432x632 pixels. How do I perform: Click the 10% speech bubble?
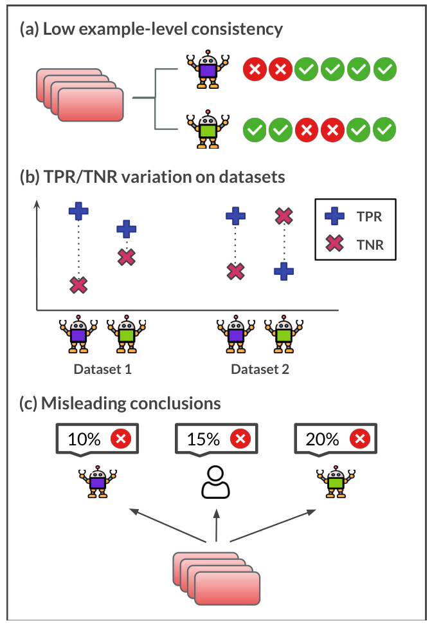point(97,440)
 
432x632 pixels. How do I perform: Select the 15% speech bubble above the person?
point(216,440)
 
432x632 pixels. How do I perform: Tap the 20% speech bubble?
point(335,440)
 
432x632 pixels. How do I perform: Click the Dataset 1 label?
point(102,369)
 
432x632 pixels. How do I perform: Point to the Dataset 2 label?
point(260,369)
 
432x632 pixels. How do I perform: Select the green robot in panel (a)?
point(207,130)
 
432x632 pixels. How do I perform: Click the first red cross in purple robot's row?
point(255,69)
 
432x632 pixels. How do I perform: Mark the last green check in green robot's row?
point(385,130)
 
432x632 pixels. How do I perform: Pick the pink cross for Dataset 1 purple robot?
point(78,284)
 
